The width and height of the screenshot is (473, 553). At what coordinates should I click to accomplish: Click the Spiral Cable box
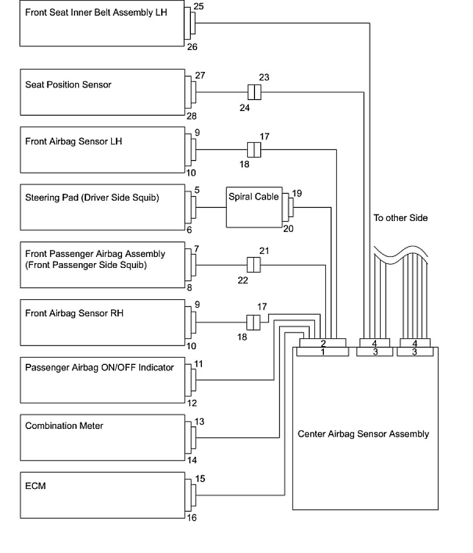pos(253,207)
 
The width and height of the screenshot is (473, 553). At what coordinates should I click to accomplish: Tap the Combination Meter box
pos(102,437)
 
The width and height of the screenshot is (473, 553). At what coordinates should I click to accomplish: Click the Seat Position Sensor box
pos(102,92)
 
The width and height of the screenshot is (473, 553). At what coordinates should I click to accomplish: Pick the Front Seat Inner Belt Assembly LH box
pos(102,24)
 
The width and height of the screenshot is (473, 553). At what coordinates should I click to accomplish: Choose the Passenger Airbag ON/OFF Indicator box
pos(102,379)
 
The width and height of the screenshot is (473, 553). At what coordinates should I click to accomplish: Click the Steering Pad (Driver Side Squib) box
pos(102,207)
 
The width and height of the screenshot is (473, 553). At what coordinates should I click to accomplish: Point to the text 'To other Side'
pos(400,218)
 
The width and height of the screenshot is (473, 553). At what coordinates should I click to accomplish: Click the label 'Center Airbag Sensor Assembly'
pos(363,434)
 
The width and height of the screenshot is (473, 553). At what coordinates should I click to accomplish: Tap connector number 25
pos(198,7)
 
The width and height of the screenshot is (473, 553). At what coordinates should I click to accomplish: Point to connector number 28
pos(192,116)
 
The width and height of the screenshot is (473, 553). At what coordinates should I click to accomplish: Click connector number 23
pos(264,78)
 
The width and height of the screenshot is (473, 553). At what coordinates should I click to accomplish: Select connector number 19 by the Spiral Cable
pos(297,193)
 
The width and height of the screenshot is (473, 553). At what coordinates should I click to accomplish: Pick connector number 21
pos(264,251)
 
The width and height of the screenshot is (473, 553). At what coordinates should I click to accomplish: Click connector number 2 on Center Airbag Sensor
pos(323,343)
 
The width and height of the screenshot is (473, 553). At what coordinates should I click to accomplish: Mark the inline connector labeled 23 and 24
pos(253,93)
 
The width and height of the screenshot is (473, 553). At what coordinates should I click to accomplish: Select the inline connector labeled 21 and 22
pos(253,265)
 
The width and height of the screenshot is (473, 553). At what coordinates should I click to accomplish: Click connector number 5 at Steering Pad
pos(197,191)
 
